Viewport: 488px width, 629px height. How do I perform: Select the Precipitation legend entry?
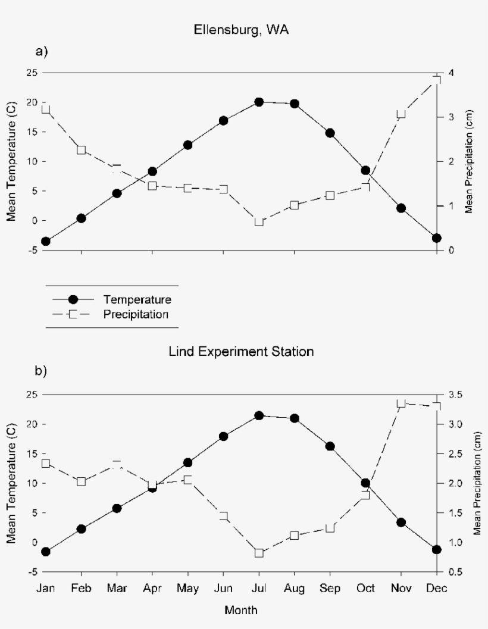[135, 314]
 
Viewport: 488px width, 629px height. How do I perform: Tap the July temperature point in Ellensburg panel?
[259, 102]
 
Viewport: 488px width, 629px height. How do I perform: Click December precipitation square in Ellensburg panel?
[436, 80]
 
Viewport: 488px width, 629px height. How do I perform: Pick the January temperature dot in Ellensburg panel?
[46, 241]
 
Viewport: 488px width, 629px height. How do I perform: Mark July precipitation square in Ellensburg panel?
[259, 221]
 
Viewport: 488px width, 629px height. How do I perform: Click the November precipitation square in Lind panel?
[401, 403]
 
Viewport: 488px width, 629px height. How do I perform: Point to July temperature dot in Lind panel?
[259, 415]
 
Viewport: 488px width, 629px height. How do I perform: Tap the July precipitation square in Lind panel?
[259, 553]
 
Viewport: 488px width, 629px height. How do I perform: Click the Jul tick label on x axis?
[259, 589]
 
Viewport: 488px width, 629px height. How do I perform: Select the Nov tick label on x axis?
[401, 589]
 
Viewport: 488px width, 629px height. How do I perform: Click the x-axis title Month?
[241, 611]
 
